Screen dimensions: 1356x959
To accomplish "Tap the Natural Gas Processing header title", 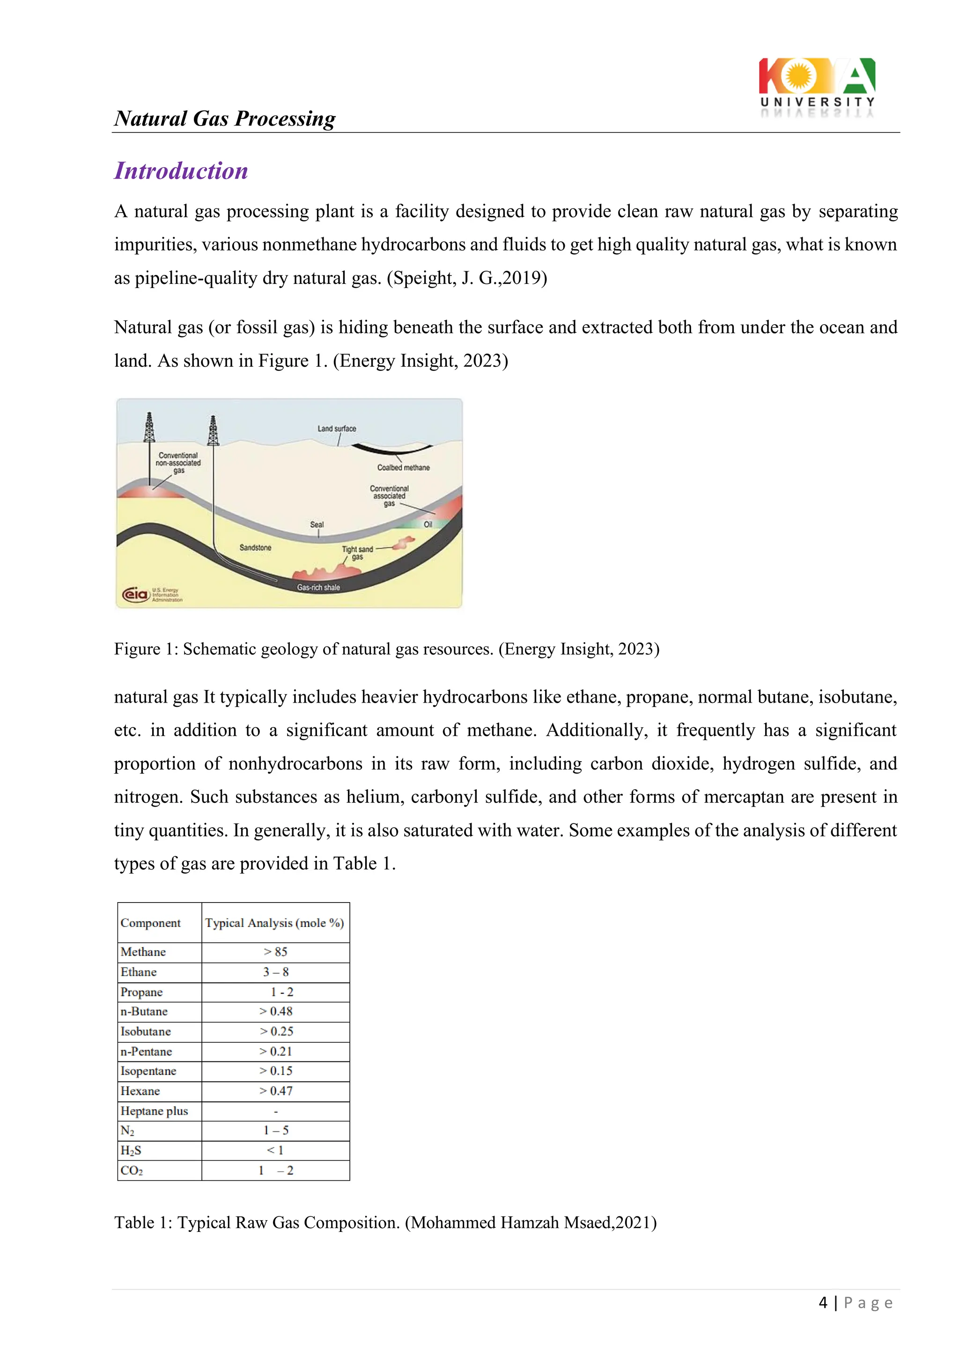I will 224,119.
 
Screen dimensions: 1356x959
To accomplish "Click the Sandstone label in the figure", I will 255,548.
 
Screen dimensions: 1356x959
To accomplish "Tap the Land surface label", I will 337,428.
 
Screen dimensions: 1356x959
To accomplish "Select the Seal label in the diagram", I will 317,525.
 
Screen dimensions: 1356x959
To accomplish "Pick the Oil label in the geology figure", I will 428,525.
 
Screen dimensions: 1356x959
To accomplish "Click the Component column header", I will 151,923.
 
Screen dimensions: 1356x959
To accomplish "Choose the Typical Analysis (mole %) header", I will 274,923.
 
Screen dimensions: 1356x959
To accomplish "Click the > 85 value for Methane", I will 275,951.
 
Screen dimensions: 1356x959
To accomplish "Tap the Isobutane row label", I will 146,1031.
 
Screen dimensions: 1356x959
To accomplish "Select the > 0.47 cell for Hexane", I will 275,1091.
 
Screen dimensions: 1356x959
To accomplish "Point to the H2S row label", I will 131,1150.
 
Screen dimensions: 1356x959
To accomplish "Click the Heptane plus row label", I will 154,1111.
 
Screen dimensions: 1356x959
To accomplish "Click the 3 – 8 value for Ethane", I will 275,971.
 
